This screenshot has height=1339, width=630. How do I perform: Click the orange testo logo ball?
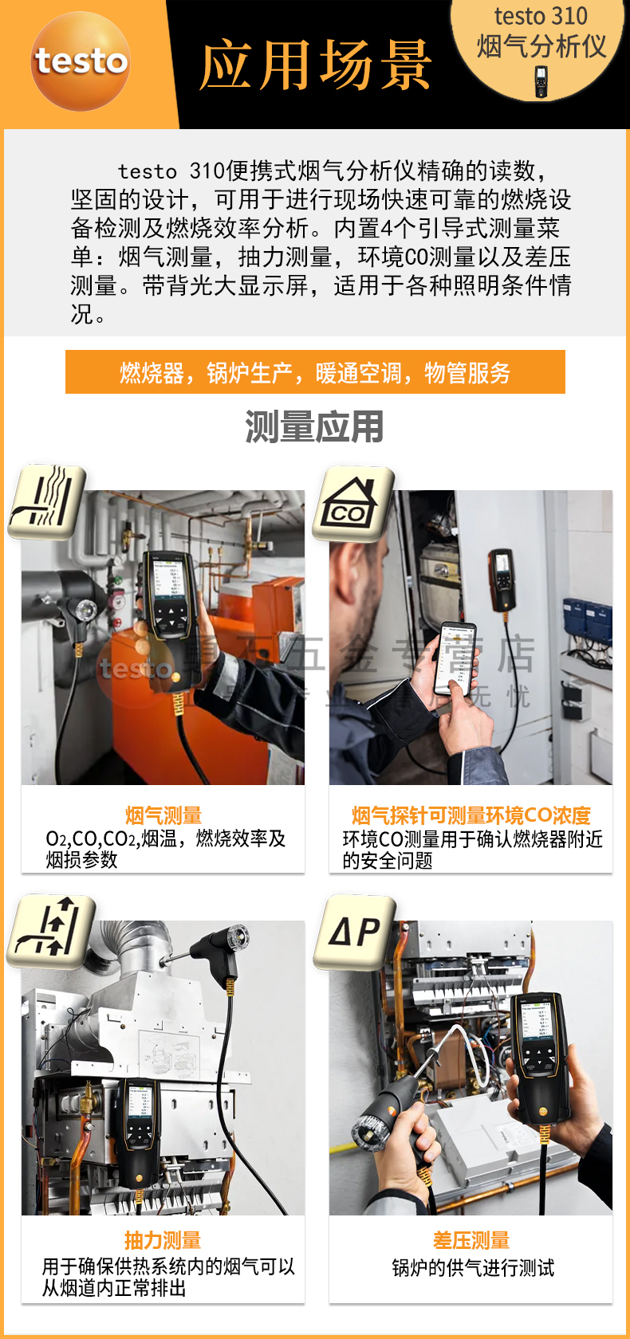pyautogui.click(x=81, y=61)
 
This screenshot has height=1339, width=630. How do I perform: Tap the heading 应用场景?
pyautogui.click(x=316, y=65)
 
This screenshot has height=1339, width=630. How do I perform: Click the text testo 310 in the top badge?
pyautogui.click(x=540, y=16)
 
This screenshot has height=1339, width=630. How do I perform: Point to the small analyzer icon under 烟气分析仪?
pyautogui.click(x=541, y=81)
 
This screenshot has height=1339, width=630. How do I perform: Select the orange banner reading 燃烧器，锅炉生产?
pyautogui.click(x=315, y=372)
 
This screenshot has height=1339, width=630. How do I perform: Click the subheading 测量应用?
pyautogui.click(x=314, y=426)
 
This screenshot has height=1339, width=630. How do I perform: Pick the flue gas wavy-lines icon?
pyautogui.click(x=46, y=501)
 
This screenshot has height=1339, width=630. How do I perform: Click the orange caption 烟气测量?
pyautogui.click(x=163, y=815)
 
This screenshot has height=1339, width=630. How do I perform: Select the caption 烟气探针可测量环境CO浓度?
pyautogui.click(x=471, y=815)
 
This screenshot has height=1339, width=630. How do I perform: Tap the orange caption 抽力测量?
pyautogui.click(x=163, y=1240)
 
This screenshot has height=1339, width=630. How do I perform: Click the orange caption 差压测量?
pyautogui.click(x=471, y=1240)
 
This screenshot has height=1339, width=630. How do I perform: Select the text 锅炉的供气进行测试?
pyautogui.click(x=472, y=1268)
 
